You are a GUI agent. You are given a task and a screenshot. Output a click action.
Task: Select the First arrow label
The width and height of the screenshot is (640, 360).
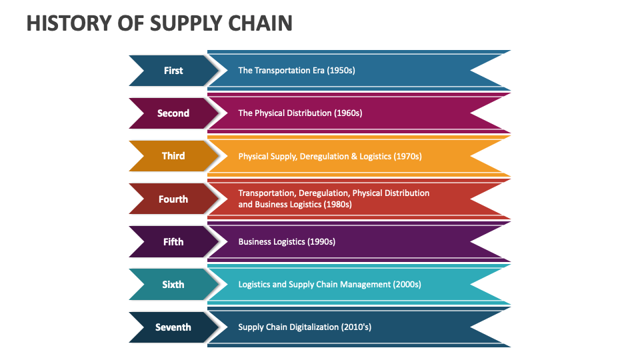pos(173,71)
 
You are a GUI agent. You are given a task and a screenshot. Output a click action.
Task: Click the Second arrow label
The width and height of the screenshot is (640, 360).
pos(173,113)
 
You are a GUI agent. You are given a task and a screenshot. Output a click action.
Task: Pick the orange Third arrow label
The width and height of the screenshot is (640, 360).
pos(173,156)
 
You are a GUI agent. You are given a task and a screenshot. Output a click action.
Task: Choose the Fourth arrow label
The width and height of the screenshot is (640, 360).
pos(173,199)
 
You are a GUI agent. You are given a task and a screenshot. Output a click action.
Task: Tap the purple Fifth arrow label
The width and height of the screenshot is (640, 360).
pos(173,241)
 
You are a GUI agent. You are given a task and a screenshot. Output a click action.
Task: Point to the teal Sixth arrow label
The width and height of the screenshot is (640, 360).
pos(173,285)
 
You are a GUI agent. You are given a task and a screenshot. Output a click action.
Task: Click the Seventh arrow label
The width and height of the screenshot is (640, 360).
pos(173,327)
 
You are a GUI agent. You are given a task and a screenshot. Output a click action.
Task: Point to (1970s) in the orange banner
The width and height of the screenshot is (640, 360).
pos(407,157)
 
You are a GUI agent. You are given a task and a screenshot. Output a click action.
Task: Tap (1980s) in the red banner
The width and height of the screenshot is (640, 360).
pos(337,205)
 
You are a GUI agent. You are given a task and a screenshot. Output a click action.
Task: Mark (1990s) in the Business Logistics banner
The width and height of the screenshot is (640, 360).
pos(321,242)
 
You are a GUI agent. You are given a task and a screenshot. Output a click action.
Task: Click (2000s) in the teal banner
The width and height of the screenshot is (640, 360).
pos(407,285)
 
